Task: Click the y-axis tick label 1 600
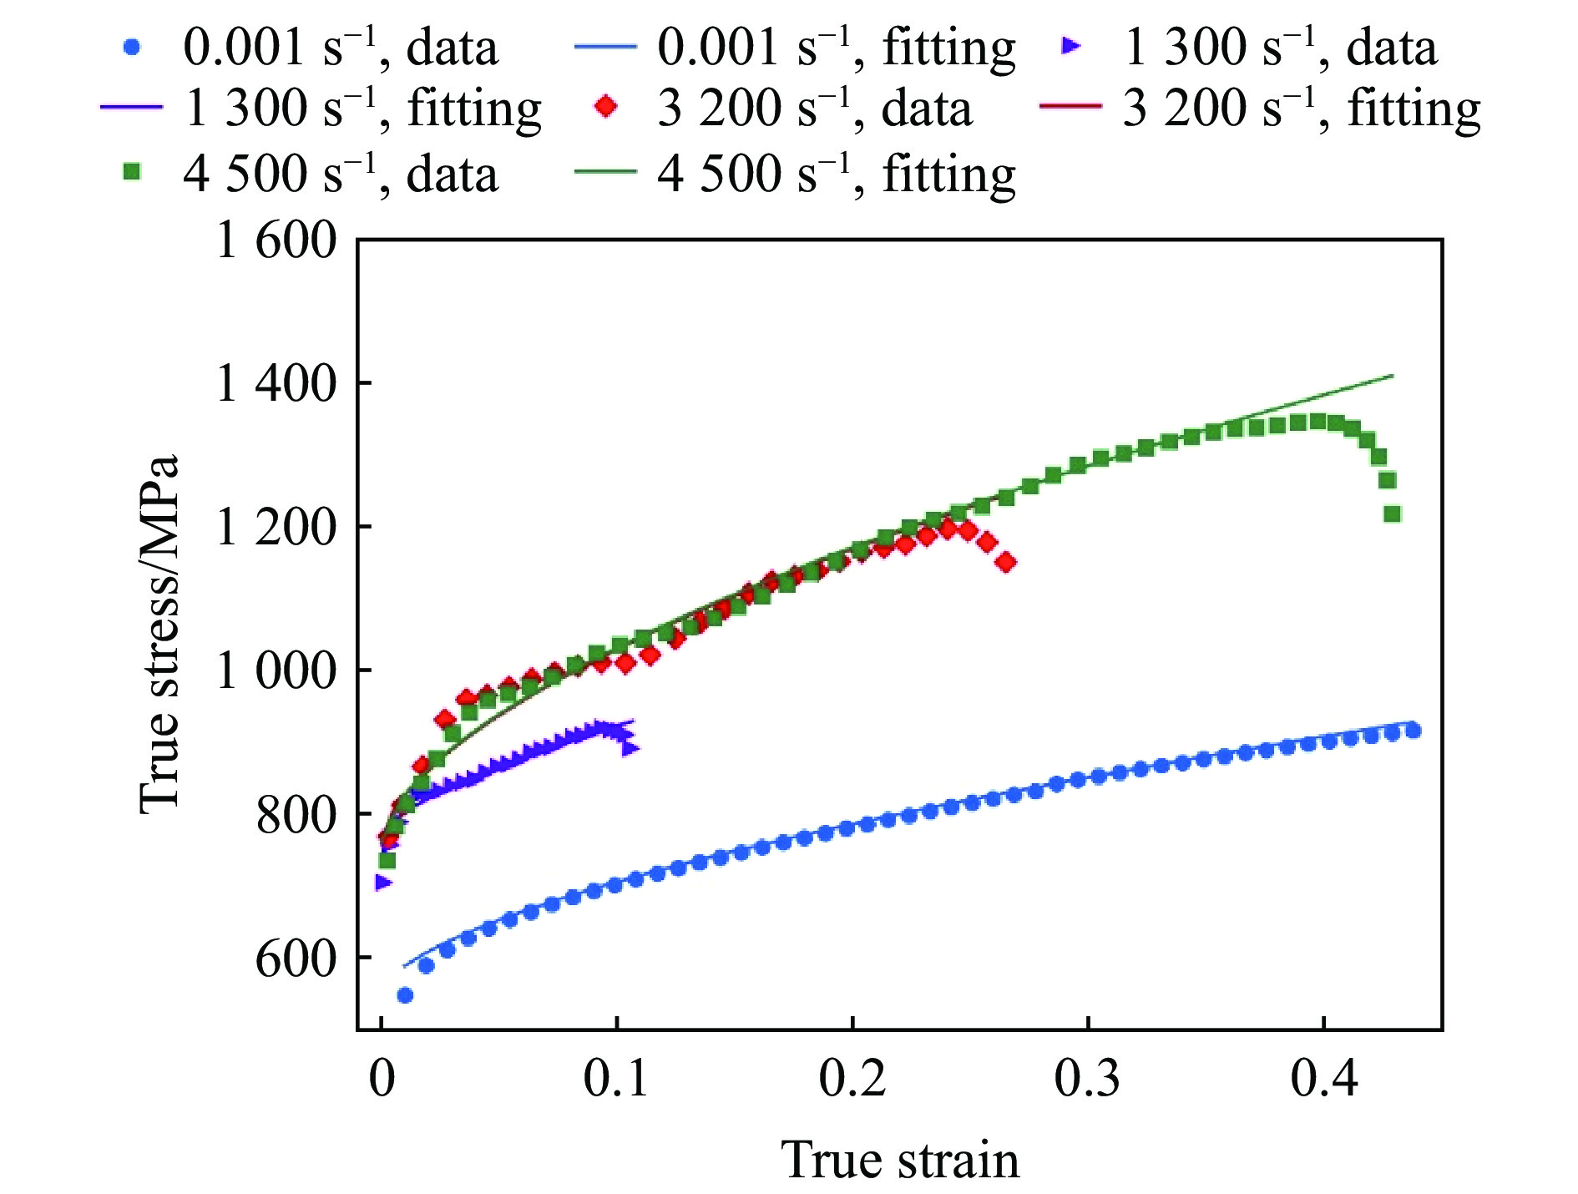click(276, 241)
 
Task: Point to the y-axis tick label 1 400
click(276, 384)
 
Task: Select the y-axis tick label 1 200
click(276, 528)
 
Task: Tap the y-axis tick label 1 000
click(276, 670)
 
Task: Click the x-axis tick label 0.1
click(615, 1078)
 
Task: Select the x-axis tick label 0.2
click(852, 1078)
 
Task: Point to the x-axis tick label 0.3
click(1087, 1078)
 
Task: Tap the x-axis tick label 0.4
click(1323, 1078)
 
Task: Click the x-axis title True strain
click(899, 1160)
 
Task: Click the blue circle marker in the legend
click(131, 48)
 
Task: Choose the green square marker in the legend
click(131, 173)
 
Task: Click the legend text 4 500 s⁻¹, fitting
click(836, 175)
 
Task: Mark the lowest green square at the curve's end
click(1392, 514)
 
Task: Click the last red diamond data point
click(1007, 562)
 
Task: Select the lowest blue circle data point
click(405, 994)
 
